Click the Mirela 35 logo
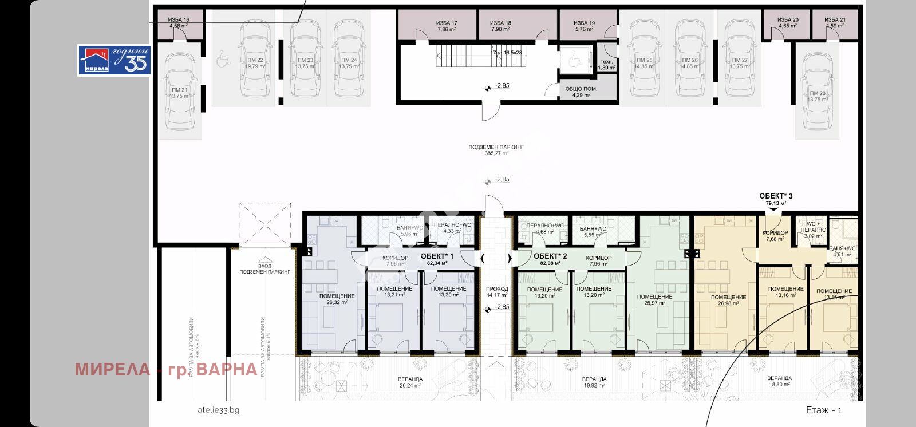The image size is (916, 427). tap(114, 60)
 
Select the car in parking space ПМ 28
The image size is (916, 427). tap(818, 92)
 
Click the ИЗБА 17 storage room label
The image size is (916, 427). tap(447, 26)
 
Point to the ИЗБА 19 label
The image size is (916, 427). tap(584, 26)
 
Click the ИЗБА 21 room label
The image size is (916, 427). tap(835, 22)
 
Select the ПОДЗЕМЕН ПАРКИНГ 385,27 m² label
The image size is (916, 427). tap(496, 150)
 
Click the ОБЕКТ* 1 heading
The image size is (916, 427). tap(437, 256)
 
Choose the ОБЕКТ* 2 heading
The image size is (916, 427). tap(550, 256)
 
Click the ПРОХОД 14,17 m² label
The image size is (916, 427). tap(497, 292)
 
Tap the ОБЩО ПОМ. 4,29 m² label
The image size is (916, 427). tap(581, 92)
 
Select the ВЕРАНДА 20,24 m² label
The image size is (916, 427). tap(410, 382)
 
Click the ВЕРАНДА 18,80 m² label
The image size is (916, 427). tap(779, 381)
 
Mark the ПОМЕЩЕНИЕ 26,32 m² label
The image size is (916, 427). tap(337, 299)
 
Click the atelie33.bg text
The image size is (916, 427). tap(218, 410)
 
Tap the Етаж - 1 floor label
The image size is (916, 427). tap(823, 410)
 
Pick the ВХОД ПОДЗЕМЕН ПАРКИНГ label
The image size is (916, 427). tap(265, 269)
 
